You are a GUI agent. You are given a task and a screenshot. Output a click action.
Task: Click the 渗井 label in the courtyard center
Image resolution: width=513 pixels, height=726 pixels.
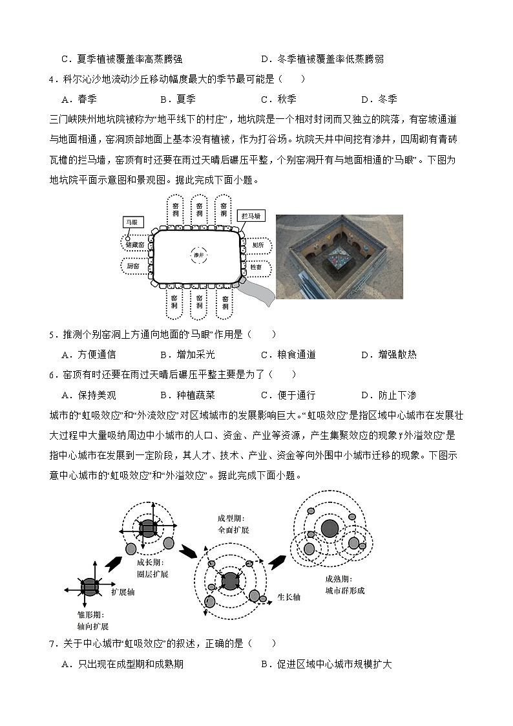point(198,255)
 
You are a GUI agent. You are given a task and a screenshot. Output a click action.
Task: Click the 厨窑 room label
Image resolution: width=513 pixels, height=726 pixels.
point(134,266)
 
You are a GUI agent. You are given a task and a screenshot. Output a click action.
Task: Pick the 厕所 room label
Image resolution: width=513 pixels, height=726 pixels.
point(258,245)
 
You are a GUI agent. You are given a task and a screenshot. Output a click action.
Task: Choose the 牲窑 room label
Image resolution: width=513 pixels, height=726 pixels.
point(256,266)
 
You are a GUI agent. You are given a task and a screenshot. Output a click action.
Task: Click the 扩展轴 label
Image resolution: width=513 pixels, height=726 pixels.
point(123,592)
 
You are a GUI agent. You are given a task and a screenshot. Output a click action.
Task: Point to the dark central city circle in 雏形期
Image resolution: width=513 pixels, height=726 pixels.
point(89,587)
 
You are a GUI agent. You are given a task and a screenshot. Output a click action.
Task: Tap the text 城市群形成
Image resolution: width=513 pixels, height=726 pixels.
point(344,590)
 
